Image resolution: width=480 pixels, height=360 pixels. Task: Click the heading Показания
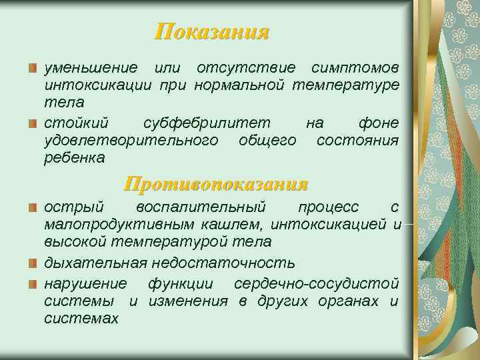click(x=212, y=32)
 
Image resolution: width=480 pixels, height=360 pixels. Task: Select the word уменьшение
click(x=91, y=68)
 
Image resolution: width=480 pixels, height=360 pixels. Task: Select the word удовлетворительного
click(x=131, y=140)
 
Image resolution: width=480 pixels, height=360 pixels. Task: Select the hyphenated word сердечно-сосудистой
click(x=317, y=283)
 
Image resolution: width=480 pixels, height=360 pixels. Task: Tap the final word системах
click(x=81, y=319)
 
